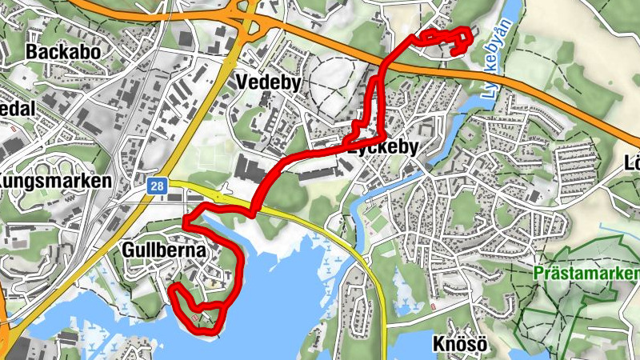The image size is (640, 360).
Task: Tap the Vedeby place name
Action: click(268, 82)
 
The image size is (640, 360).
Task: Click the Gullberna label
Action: click(165, 250)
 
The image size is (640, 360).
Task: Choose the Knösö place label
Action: click(460, 345)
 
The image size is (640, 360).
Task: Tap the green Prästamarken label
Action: click(586, 274)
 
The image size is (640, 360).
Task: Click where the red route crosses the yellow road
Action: click(254, 210)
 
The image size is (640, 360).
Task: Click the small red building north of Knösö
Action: click(433, 307)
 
